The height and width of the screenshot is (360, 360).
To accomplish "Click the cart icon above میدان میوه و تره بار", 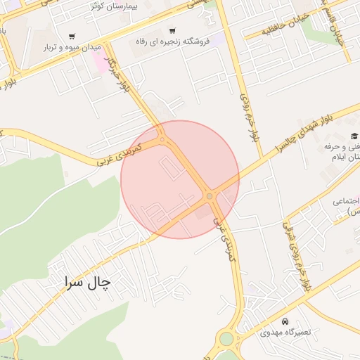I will coord(72,36).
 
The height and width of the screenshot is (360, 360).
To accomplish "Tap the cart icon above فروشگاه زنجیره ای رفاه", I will coord(172,30).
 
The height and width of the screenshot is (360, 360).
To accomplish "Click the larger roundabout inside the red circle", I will coord(210,196).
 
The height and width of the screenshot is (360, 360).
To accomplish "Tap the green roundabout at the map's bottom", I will coord(226,339).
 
